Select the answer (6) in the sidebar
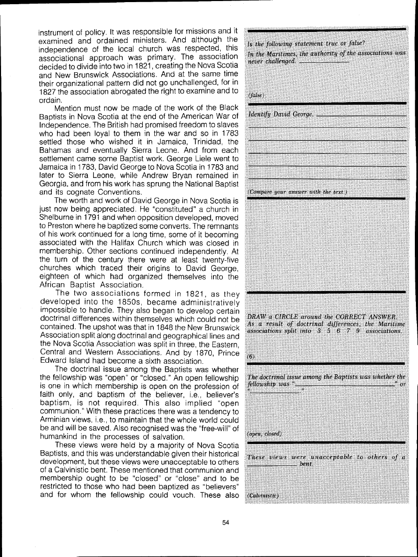(251, 356)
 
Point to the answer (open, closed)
(264, 434)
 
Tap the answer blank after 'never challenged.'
(325, 61)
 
